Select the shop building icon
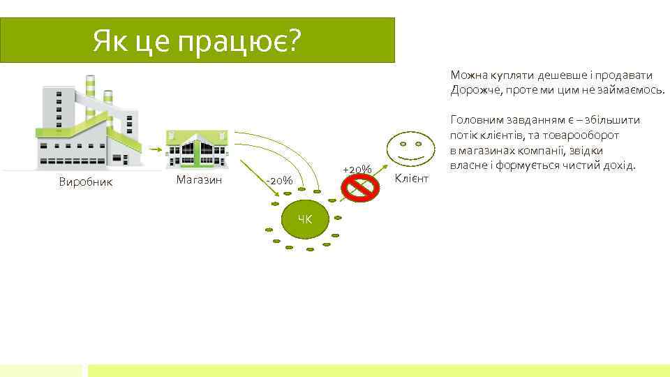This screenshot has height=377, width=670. (x=197, y=148)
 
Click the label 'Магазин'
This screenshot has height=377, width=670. (x=199, y=180)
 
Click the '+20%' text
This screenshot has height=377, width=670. (x=357, y=170)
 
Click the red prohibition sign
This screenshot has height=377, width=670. (x=359, y=186)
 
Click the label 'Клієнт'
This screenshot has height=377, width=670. (x=412, y=179)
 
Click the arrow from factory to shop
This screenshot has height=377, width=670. (x=151, y=149)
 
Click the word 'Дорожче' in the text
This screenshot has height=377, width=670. (x=472, y=90)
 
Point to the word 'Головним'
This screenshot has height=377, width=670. (x=475, y=120)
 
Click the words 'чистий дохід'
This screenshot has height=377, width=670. (x=602, y=166)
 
